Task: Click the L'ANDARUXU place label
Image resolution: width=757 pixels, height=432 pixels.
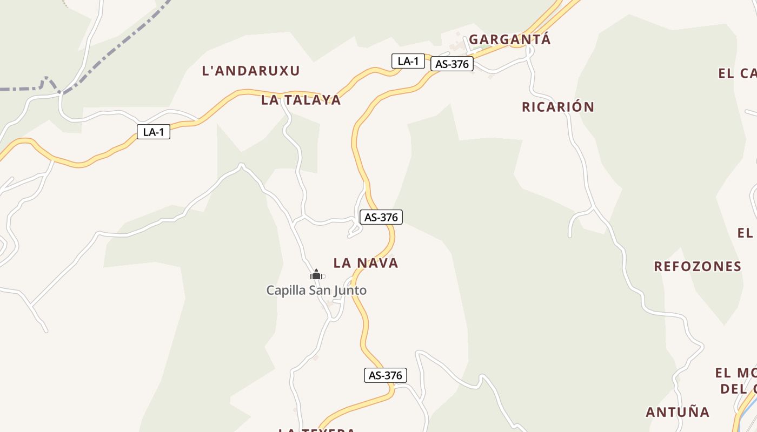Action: pos(250,71)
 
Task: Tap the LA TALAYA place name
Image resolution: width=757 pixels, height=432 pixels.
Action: pos(301,100)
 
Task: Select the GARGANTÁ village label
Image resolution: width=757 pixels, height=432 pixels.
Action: pos(509,39)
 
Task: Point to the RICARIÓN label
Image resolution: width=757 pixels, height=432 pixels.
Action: pos(557,107)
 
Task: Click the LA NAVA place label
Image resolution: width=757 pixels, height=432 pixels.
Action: pos(366,263)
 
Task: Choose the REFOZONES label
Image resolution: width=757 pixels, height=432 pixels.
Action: pos(698,266)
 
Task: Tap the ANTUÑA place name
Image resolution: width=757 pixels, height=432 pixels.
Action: pos(677,412)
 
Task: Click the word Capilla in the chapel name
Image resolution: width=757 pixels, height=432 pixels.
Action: pos(285,291)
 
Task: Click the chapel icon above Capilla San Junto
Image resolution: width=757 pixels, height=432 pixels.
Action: pos(316,275)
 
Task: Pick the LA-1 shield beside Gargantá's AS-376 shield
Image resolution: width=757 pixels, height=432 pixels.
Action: pos(408,61)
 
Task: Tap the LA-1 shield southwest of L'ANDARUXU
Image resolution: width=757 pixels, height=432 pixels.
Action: pos(153,132)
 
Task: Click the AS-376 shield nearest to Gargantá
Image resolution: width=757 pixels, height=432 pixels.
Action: pos(451,64)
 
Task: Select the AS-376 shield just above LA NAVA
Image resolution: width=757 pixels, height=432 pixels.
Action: pos(381,217)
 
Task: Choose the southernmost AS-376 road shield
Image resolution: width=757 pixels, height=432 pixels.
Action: pos(385,375)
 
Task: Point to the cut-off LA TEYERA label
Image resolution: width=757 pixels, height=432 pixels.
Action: pos(316,430)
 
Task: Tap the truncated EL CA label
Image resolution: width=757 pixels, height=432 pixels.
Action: pos(737,73)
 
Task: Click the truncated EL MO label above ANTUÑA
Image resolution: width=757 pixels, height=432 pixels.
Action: pos(735,373)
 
